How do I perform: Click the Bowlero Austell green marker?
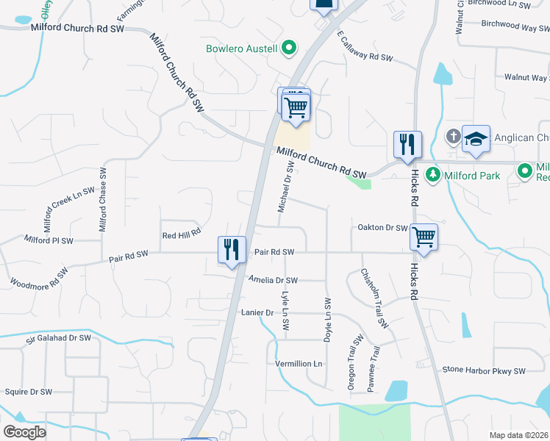pyautogui.click(x=289, y=49)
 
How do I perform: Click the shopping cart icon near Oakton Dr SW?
pyautogui.click(x=424, y=237)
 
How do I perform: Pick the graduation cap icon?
pyautogui.click(x=476, y=140)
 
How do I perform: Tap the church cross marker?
pyautogui.click(x=454, y=136)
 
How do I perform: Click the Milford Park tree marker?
pyautogui.click(x=434, y=176)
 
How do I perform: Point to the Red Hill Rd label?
pyautogui.click(x=181, y=235)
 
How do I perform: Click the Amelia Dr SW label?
pyautogui.click(x=273, y=280)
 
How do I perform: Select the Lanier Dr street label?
pyautogui.click(x=257, y=312)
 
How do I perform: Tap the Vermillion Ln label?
pyautogui.click(x=299, y=364)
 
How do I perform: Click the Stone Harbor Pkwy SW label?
pyautogui.click(x=485, y=371)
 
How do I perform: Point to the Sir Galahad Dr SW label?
pyautogui.click(x=58, y=338)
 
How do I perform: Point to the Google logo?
pyautogui.click(x=24, y=431)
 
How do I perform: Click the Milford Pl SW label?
pyautogui.click(x=49, y=240)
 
